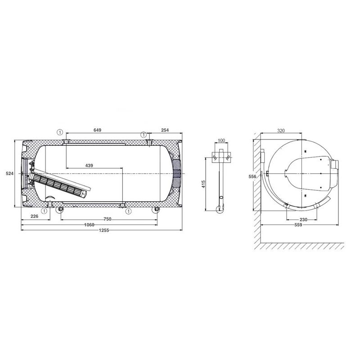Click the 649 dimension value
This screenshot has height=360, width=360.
click(x=97, y=130)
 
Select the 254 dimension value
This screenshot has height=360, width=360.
click(x=165, y=130)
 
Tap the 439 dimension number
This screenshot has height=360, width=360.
click(x=89, y=165)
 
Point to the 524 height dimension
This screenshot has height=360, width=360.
click(x=9, y=174)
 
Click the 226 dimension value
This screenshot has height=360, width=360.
click(x=35, y=216)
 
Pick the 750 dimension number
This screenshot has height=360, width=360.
click(x=108, y=219)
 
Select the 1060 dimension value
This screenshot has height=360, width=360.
click(x=89, y=225)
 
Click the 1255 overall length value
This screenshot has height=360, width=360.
click(x=104, y=230)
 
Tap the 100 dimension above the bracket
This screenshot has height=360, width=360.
click(x=221, y=140)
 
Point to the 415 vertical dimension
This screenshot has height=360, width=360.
click(x=203, y=184)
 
